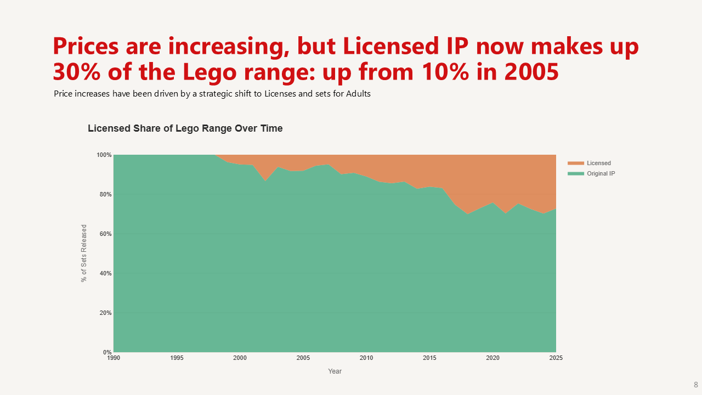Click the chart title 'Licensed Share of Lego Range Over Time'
point(185,128)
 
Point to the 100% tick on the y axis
point(104,155)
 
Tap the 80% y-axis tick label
point(105,195)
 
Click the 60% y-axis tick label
point(105,234)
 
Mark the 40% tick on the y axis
point(105,274)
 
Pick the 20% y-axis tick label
point(105,313)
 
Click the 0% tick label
point(107,352)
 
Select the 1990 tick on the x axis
point(114,358)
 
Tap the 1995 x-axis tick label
point(177,358)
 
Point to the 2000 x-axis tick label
point(240,358)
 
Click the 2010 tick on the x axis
point(366,358)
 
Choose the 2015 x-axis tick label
point(429,358)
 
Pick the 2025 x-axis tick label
point(556,358)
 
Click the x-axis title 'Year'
point(335,371)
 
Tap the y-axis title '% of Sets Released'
point(84,253)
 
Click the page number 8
point(695,385)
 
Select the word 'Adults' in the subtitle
point(358,94)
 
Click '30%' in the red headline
point(77,72)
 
